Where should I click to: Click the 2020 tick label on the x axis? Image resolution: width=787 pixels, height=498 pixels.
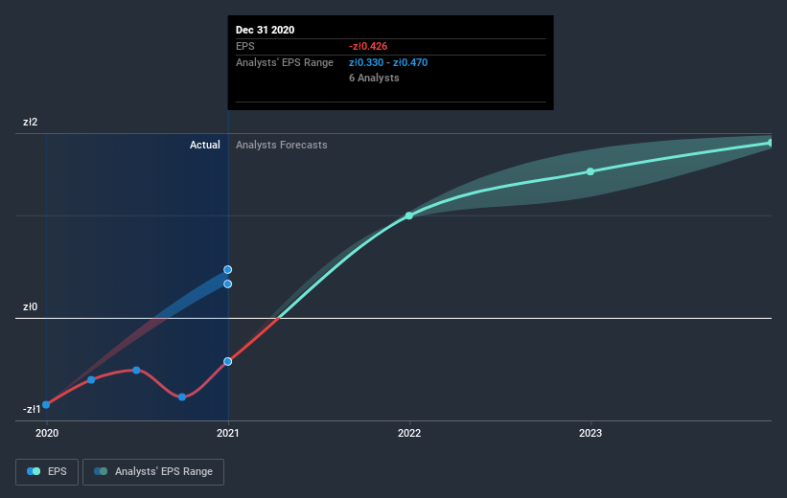click(47, 433)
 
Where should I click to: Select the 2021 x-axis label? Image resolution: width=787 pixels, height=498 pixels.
click(228, 433)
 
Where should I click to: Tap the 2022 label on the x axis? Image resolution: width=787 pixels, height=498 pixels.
click(409, 433)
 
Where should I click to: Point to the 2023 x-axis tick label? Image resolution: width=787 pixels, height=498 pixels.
click(590, 433)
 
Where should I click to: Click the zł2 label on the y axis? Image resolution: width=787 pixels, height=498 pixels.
click(30, 122)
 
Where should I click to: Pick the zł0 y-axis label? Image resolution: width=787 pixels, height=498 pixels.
click(30, 306)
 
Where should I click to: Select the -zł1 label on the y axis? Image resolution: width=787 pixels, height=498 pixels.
click(32, 409)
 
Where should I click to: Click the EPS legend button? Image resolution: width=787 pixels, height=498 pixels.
click(47, 472)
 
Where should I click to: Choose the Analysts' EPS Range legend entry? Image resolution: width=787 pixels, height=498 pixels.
click(153, 472)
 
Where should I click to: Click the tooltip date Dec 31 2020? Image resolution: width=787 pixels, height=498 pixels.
click(265, 30)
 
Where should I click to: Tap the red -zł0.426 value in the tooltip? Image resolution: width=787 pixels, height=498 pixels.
click(368, 47)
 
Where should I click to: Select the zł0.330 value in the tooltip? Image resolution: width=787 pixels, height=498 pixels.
click(366, 62)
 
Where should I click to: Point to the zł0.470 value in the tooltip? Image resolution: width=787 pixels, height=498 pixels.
click(410, 62)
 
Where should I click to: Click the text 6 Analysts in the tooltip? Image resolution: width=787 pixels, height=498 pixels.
click(374, 78)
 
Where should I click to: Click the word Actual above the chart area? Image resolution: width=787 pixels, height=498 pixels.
click(205, 145)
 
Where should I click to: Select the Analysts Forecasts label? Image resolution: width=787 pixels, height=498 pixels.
click(282, 145)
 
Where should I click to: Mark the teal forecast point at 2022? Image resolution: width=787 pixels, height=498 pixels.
click(409, 215)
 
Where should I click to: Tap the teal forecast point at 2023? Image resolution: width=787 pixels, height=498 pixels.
click(590, 171)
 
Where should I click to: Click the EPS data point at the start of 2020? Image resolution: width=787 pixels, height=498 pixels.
click(46, 405)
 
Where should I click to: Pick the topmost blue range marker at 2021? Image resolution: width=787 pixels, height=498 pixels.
click(228, 270)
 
